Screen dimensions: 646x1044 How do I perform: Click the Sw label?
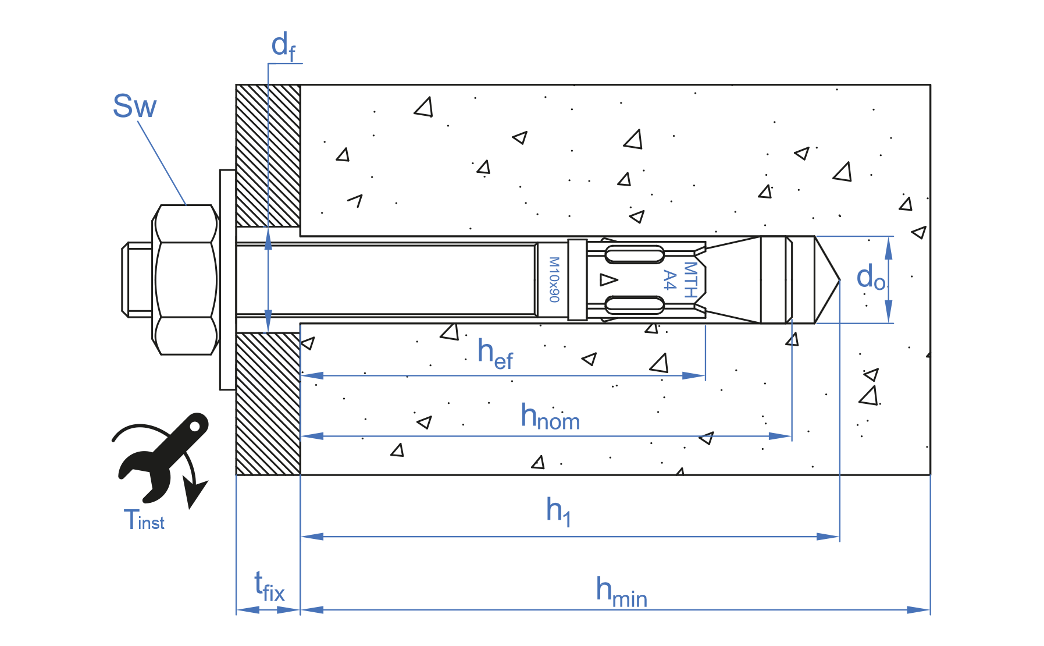click(x=134, y=107)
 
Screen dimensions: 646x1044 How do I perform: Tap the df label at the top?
click(x=283, y=47)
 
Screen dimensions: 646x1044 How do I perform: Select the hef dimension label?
click(x=495, y=354)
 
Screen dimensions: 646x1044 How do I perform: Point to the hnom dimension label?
click(x=550, y=417)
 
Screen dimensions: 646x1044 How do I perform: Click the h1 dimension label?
click(x=558, y=511)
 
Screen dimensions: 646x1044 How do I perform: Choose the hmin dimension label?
click(x=621, y=592)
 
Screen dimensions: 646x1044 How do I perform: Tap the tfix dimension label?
click(x=269, y=587)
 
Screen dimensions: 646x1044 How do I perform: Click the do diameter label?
click(x=871, y=278)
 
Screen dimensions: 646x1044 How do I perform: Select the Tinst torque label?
click(x=144, y=520)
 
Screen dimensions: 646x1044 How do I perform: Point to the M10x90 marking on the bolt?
click(x=554, y=280)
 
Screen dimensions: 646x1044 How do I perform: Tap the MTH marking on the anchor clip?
click(x=690, y=280)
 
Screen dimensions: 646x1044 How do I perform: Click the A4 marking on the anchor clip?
click(x=670, y=280)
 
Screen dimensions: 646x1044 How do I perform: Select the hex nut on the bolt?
click(x=185, y=280)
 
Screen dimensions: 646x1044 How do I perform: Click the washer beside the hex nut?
click(x=227, y=280)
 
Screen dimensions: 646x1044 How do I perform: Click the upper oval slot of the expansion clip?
click(x=635, y=254)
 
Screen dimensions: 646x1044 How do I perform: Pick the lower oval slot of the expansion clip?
click(x=635, y=304)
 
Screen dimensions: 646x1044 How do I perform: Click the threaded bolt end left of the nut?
click(x=137, y=280)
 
